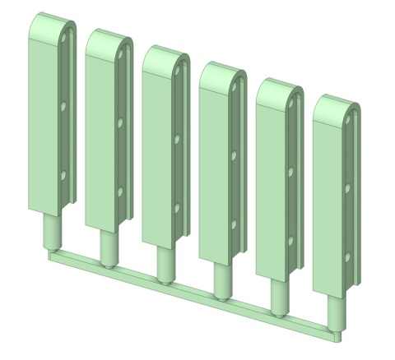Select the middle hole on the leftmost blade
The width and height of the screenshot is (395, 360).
tap(63, 106)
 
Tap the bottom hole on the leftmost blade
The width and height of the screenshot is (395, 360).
tap(63, 174)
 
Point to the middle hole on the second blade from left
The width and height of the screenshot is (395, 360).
tap(120, 122)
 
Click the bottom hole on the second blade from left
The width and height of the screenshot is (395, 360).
tap(120, 191)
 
